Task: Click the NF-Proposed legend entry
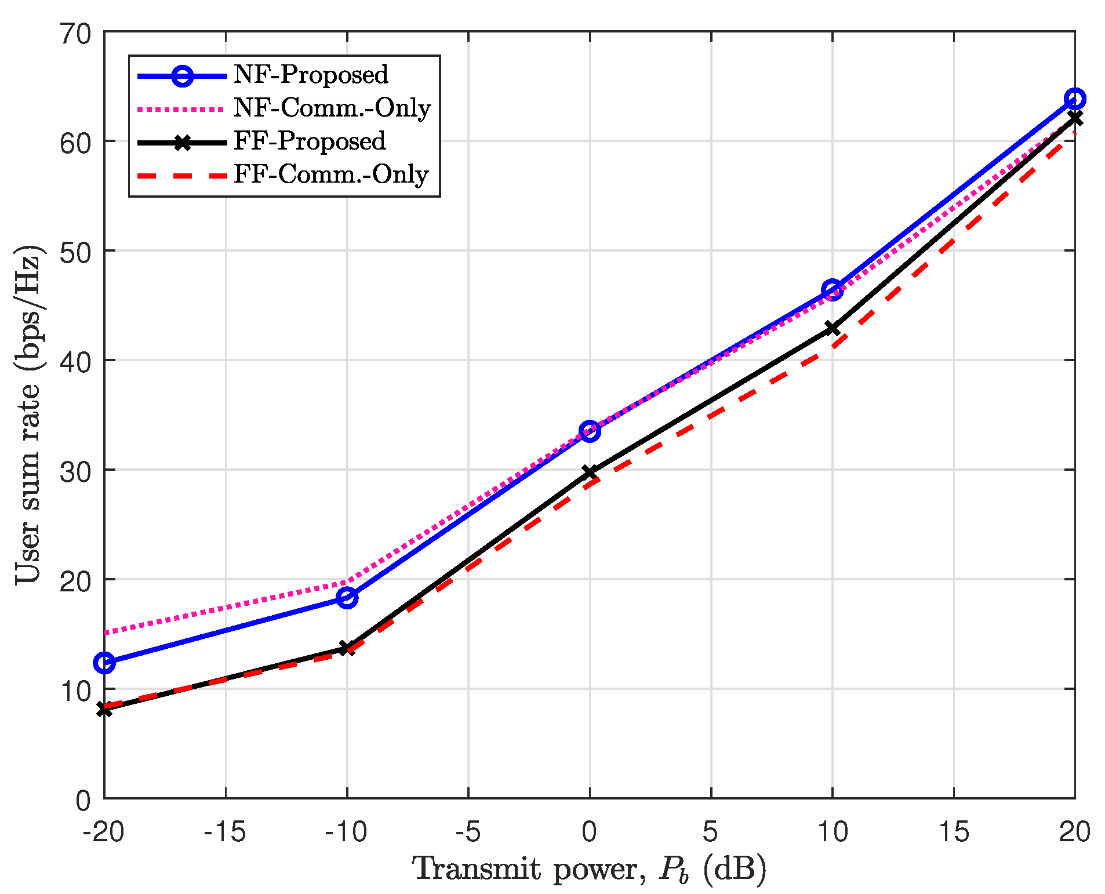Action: click(311, 75)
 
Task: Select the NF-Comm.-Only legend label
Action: click(332, 108)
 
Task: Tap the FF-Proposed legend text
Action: click(310, 141)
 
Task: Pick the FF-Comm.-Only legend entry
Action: click(330, 175)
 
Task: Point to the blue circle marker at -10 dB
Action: click(347, 597)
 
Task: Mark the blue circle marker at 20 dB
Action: click(1074, 99)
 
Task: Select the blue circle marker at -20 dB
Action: click(105, 662)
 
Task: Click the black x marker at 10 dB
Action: click(833, 329)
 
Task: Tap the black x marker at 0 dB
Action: click(590, 473)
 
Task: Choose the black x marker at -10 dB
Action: click(347, 648)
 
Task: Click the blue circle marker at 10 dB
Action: click(833, 290)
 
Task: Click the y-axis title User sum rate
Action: click(29, 414)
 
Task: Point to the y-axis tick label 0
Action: click(83, 801)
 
